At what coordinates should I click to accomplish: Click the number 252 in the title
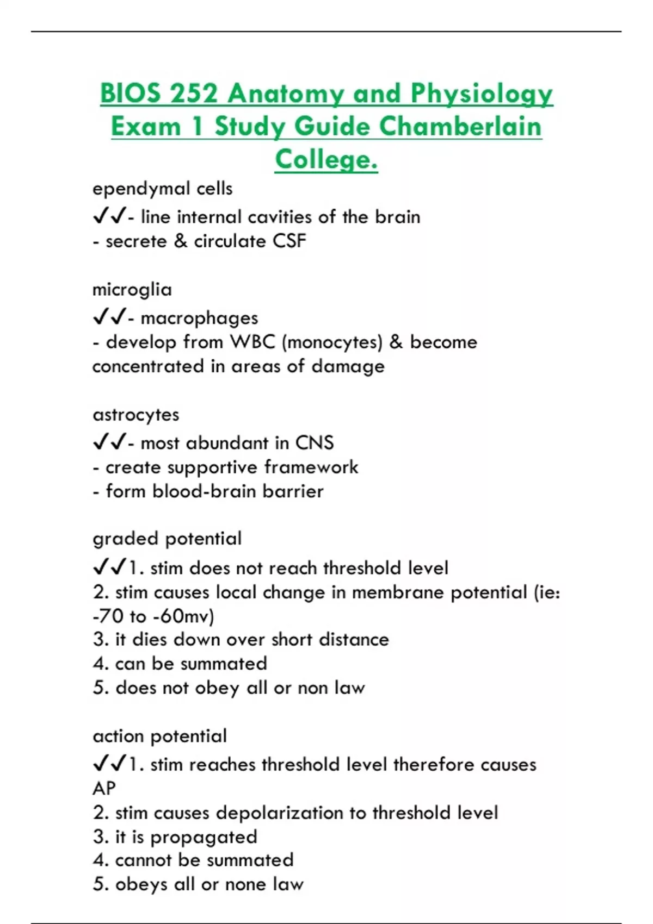[x=194, y=93]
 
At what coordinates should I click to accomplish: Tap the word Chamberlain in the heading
[x=460, y=127]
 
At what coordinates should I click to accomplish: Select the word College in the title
[x=326, y=159]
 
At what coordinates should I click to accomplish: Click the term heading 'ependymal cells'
[x=162, y=189]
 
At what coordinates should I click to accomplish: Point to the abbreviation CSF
[x=289, y=241]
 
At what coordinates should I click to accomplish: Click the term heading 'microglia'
[x=132, y=289]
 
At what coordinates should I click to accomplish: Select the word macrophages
[x=199, y=318]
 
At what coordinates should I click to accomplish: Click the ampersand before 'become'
[x=396, y=342]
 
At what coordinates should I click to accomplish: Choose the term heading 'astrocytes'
[x=135, y=415]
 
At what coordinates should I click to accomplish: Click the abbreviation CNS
[x=314, y=443]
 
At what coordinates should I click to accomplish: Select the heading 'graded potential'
[x=167, y=539]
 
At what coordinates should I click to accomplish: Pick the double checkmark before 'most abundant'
[x=109, y=442]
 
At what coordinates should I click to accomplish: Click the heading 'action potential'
[x=159, y=736]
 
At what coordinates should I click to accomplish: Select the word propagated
[x=204, y=837]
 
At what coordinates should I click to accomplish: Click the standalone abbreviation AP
[x=104, y=789]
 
